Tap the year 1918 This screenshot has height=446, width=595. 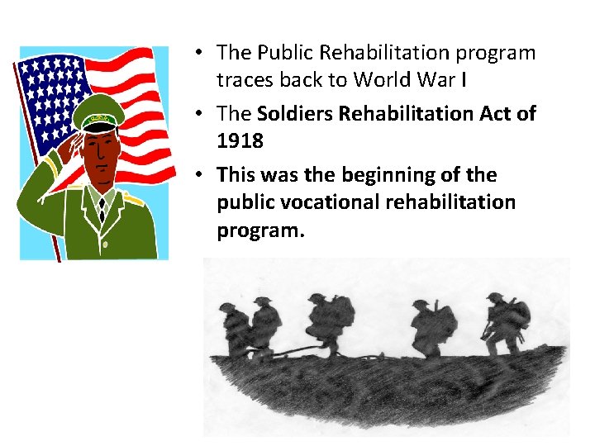(240, 141)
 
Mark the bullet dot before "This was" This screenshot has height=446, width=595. (199, 174)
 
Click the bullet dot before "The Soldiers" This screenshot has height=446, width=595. (199, 113)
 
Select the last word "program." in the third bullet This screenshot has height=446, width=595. (260, 230)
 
